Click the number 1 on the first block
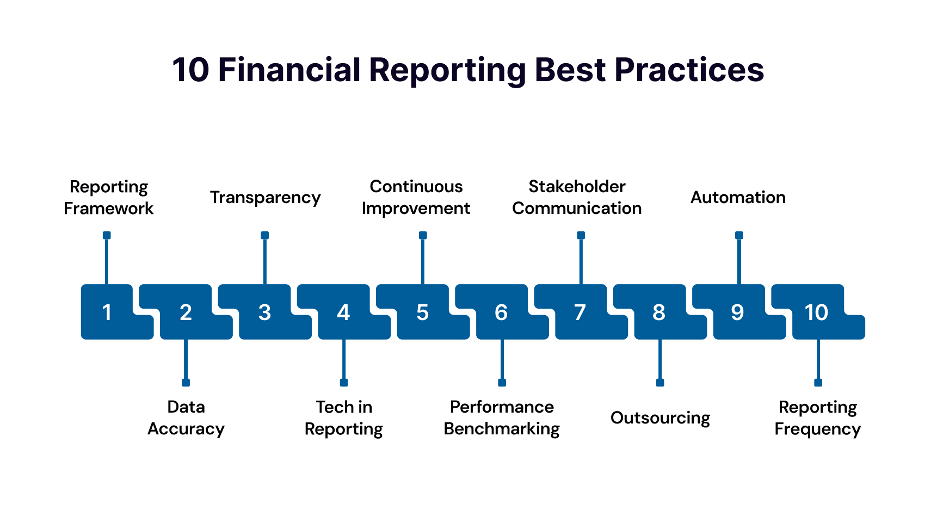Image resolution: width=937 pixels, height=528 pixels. pos(107,312)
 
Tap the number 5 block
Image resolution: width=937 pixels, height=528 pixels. pos(423,312)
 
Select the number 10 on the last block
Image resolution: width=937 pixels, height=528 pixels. pos(816,312)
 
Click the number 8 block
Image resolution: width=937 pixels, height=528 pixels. pos(659,312)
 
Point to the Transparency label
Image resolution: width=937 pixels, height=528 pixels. pos(265,198)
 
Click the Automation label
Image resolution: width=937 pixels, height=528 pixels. pos(738,198)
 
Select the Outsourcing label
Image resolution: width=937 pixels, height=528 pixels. pos(660,418)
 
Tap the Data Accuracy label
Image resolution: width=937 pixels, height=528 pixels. pos(186,418)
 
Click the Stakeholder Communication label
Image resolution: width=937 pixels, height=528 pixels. pos(577,198)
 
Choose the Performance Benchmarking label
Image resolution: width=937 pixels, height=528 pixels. pos(502,418)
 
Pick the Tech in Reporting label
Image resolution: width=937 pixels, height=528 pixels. pos(344,418)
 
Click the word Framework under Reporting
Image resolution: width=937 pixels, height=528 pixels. pos(109,208)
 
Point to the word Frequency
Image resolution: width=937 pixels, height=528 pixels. pos(817,429)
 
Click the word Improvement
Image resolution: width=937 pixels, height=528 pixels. pos(416,208)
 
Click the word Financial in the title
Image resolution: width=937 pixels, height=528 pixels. pos(289,70)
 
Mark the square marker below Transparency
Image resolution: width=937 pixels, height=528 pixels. pos(265,236)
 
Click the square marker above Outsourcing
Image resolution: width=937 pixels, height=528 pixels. pos(660,383)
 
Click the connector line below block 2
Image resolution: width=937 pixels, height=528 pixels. pos(186,359)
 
